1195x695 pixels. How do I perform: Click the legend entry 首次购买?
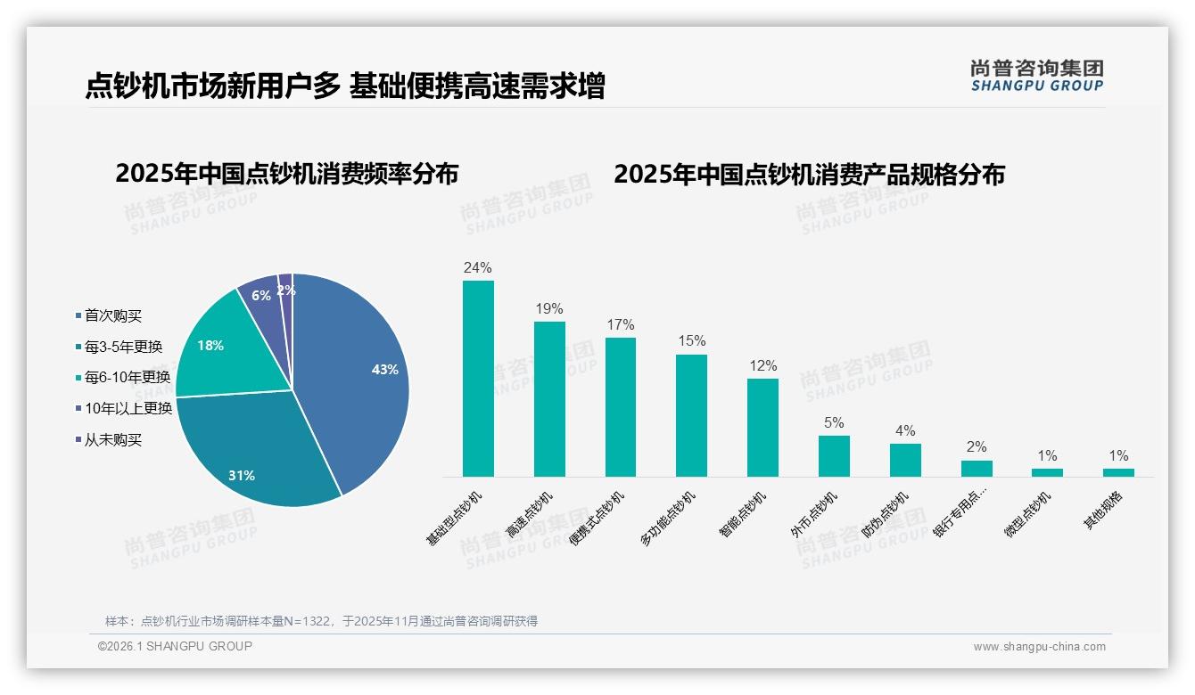(112, 316)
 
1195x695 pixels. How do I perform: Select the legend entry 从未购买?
(112, 440)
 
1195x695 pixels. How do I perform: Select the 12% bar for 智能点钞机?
(762, 428)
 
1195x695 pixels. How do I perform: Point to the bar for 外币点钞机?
(834, 456)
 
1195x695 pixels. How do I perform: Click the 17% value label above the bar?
(621, 324)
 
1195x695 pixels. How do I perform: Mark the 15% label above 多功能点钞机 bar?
(691, 341)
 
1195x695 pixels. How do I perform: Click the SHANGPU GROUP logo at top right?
(1036, 76)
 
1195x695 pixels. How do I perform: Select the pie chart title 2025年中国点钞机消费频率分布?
(286, 174)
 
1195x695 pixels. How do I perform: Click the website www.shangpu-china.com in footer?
(1039, 647)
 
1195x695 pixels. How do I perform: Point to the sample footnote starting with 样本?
(321, 621)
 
